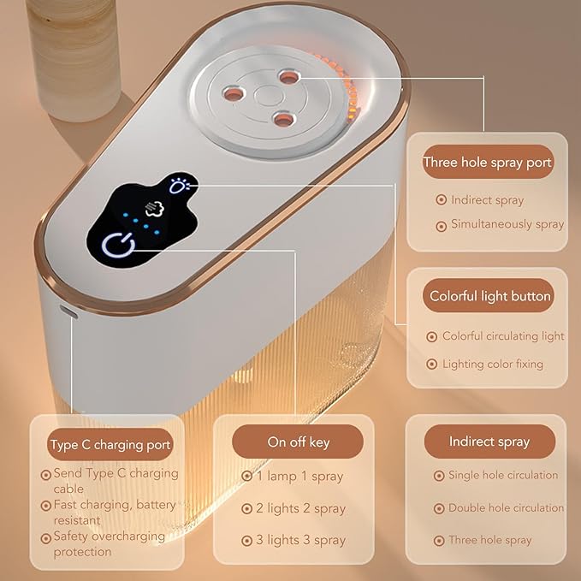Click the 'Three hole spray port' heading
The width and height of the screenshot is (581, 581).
[x=487, y=162]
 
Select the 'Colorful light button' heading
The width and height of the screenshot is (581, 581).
[x=490, y=296]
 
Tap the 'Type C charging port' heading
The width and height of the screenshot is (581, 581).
[x=110, y=445]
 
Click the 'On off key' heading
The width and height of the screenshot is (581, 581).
[x=298, y=442]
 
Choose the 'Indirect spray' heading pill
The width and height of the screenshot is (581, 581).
[x=489, y=442]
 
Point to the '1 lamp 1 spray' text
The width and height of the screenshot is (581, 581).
[x=299, y=476]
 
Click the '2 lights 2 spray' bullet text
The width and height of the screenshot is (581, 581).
[x=300, y=508]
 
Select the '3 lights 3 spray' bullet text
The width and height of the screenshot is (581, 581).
[x=300, y=540]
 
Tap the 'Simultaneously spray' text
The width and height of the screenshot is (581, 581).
[x=507, y=224]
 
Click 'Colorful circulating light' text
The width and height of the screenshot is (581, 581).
[x=503, y=336]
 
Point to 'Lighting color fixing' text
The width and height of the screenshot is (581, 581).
[x=492, y=364]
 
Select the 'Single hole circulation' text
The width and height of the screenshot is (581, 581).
[x=503, y=475]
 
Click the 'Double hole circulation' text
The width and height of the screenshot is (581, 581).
[x=506, y=507]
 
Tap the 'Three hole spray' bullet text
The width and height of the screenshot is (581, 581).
[x=489, y=540]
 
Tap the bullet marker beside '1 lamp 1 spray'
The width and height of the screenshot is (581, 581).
[x=246, y=476]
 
